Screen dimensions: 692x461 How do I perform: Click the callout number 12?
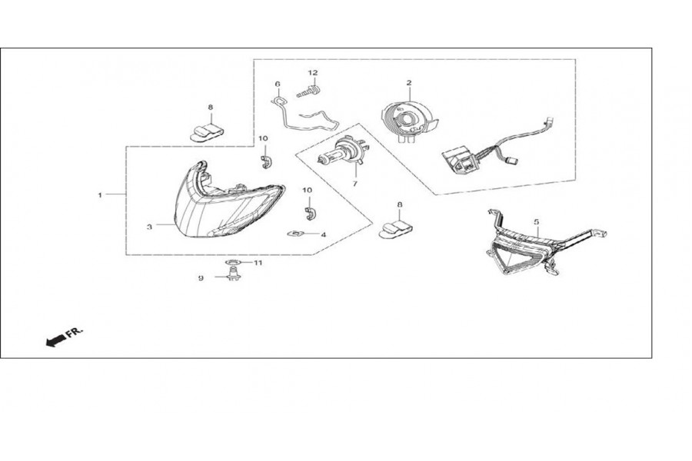click(x=313, y=73)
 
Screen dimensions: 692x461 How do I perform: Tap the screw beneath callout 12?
click(x=309, y=93)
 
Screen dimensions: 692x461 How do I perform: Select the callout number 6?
click(x=278, y=84)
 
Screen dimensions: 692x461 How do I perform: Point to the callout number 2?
click(x=409, y=82)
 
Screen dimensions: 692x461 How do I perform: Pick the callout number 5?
click(x=537, y=221)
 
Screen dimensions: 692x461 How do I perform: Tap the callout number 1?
click(x=100, y=194)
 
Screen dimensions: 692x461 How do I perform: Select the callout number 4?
click(x=324, y=234)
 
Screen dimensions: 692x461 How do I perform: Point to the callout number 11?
click(x=258, y=263)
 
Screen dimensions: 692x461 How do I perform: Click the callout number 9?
click(x=201, y=278)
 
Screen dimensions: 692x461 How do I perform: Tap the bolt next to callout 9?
click(x=234, y=276)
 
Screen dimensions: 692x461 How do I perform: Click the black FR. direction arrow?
click(x=55, y=340)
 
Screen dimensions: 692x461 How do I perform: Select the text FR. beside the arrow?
click(x=75, y=333)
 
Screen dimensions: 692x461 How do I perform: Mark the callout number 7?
click(x=354, y=184)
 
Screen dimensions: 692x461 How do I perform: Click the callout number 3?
click(x=150, y=227)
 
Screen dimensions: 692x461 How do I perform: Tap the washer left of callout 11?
click(x=233, y=263)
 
